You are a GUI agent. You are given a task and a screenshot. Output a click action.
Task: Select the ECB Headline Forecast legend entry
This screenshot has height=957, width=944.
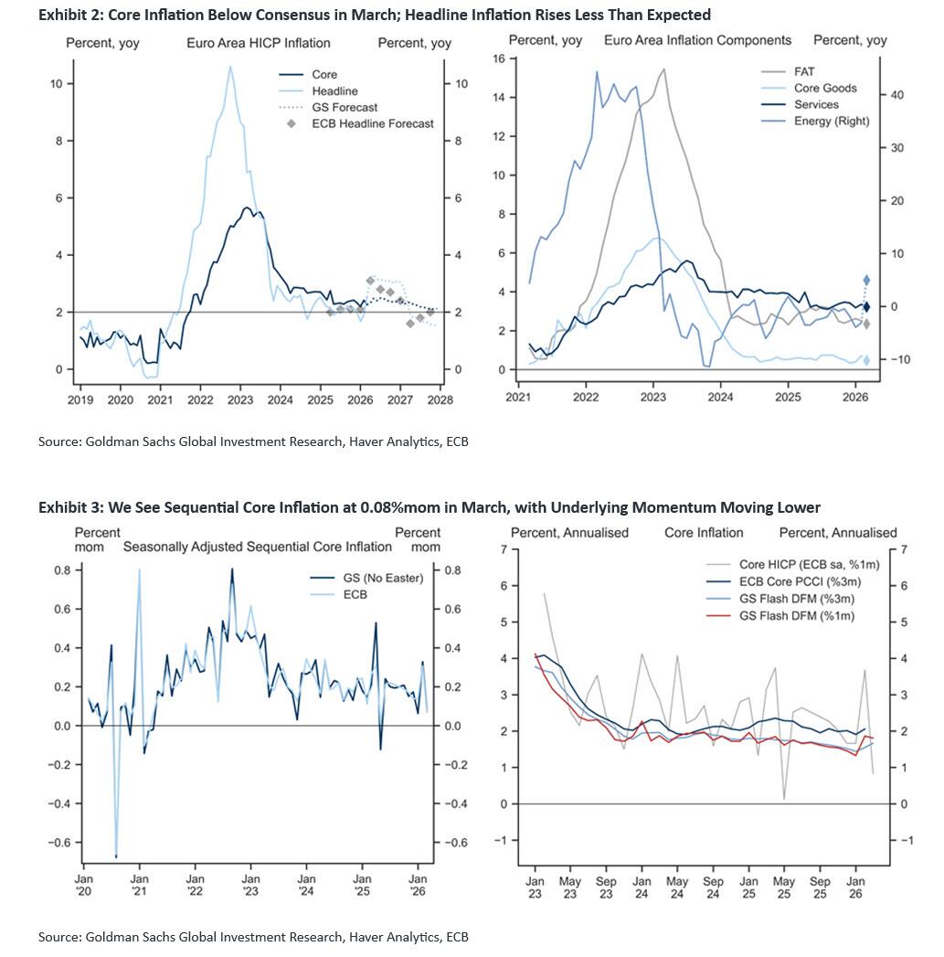click(x=372, y=123)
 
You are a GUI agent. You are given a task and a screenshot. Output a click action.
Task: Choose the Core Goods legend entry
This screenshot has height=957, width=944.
click(x=825, y=88)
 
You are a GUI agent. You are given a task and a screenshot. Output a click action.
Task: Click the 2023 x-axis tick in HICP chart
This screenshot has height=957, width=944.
click(x=240, y=399)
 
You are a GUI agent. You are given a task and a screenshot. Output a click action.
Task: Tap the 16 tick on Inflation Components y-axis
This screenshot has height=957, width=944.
click(x=499, y=58)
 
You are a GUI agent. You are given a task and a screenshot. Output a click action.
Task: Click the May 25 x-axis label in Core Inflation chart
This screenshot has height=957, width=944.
click(x=784, y=888)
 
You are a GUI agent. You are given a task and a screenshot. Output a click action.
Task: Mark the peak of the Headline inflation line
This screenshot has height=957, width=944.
click(x=230, y=66)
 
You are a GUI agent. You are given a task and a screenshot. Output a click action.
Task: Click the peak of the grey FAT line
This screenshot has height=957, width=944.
click(x=663, y=69)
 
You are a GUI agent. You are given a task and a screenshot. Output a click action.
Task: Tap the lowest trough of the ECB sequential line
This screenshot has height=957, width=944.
click(x=116, y=856)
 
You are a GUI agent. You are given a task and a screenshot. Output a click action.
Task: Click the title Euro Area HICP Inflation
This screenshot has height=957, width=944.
click(x=259, y=43)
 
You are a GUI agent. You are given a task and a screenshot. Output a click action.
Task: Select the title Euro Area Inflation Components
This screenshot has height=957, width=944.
click(x=697, y=41)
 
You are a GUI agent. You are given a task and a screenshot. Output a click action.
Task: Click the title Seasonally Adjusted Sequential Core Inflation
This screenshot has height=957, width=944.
click(x=257, y=547)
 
